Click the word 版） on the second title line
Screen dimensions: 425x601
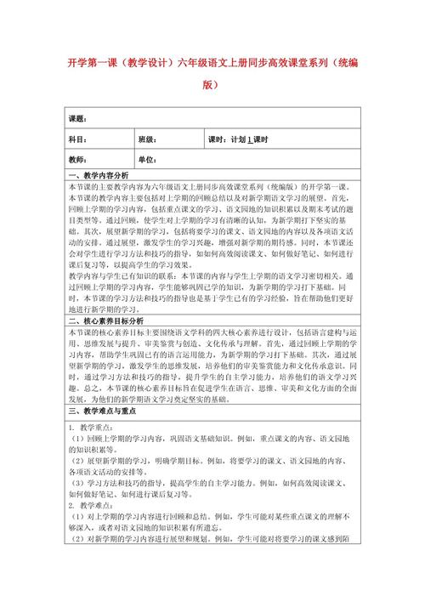pyautogui.click(x=212, y=85)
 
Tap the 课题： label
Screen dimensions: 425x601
pyautogui.click(x=77, y=118)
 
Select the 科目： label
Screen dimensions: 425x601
pyautogui.click(x=77, y=139)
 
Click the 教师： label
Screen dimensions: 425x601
pyautogui.click(x=77, y=159)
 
